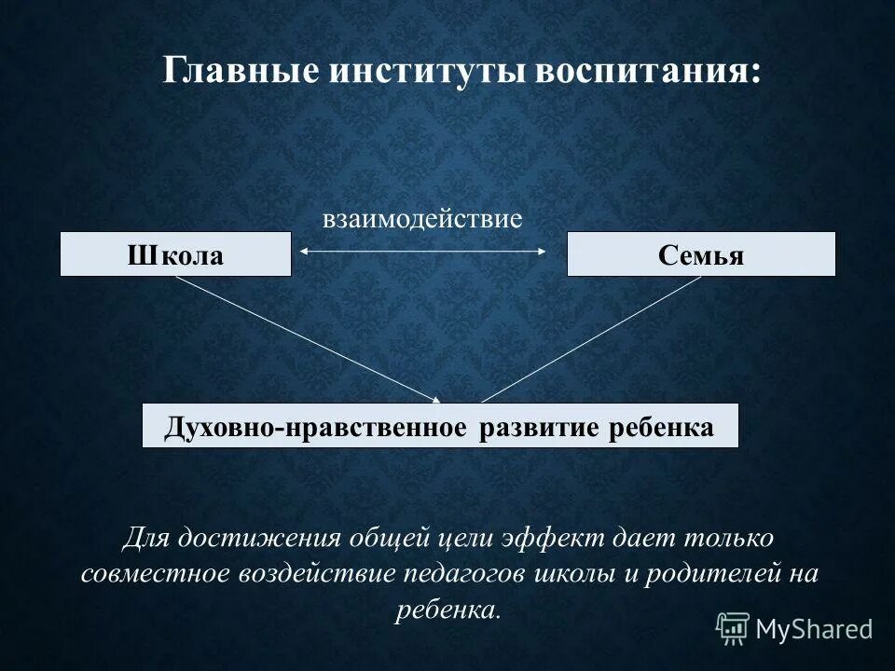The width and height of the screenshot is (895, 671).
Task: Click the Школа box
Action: coord(175,254)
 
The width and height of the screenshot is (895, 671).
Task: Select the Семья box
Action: coord(701,254)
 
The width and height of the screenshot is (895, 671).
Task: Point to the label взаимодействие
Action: coord(422,220)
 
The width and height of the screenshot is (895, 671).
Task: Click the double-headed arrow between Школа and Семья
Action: coord(422,251)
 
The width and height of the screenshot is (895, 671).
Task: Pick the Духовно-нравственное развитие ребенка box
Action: coord(440,426)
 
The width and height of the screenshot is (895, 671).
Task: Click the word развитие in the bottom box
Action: coord(540,427)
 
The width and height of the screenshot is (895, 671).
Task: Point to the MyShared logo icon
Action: coord(733,627)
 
